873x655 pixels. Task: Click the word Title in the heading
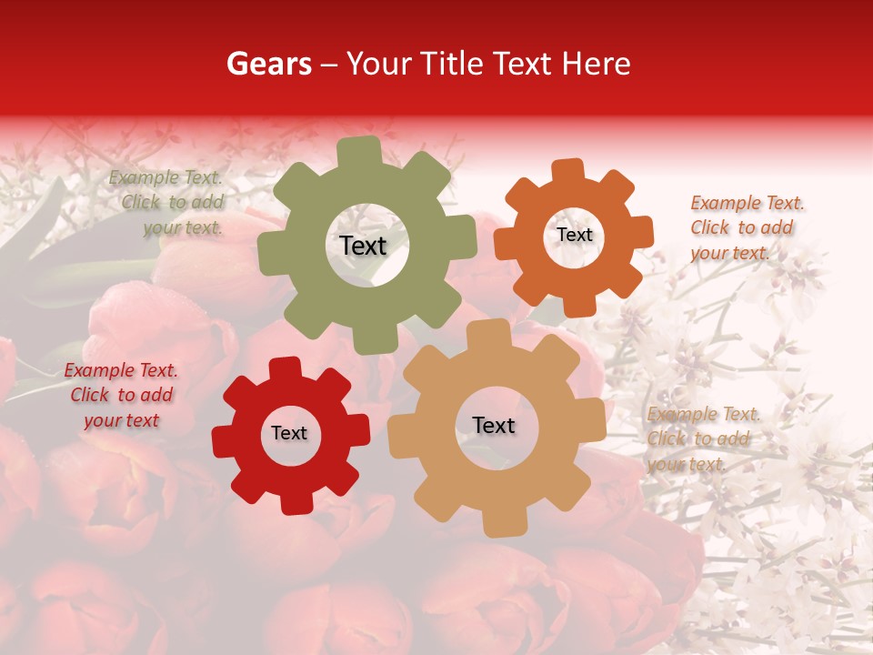pos(456,64)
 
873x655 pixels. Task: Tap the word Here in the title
pos(597,64)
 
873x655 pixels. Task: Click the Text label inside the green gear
pos(363,246)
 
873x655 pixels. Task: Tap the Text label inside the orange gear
pos(574,235)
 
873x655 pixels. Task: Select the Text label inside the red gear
pos(289,433)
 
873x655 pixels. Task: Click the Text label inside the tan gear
pos(494,425)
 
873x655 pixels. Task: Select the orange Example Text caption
pos(746,227)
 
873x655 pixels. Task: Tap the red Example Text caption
pos(121,395)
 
